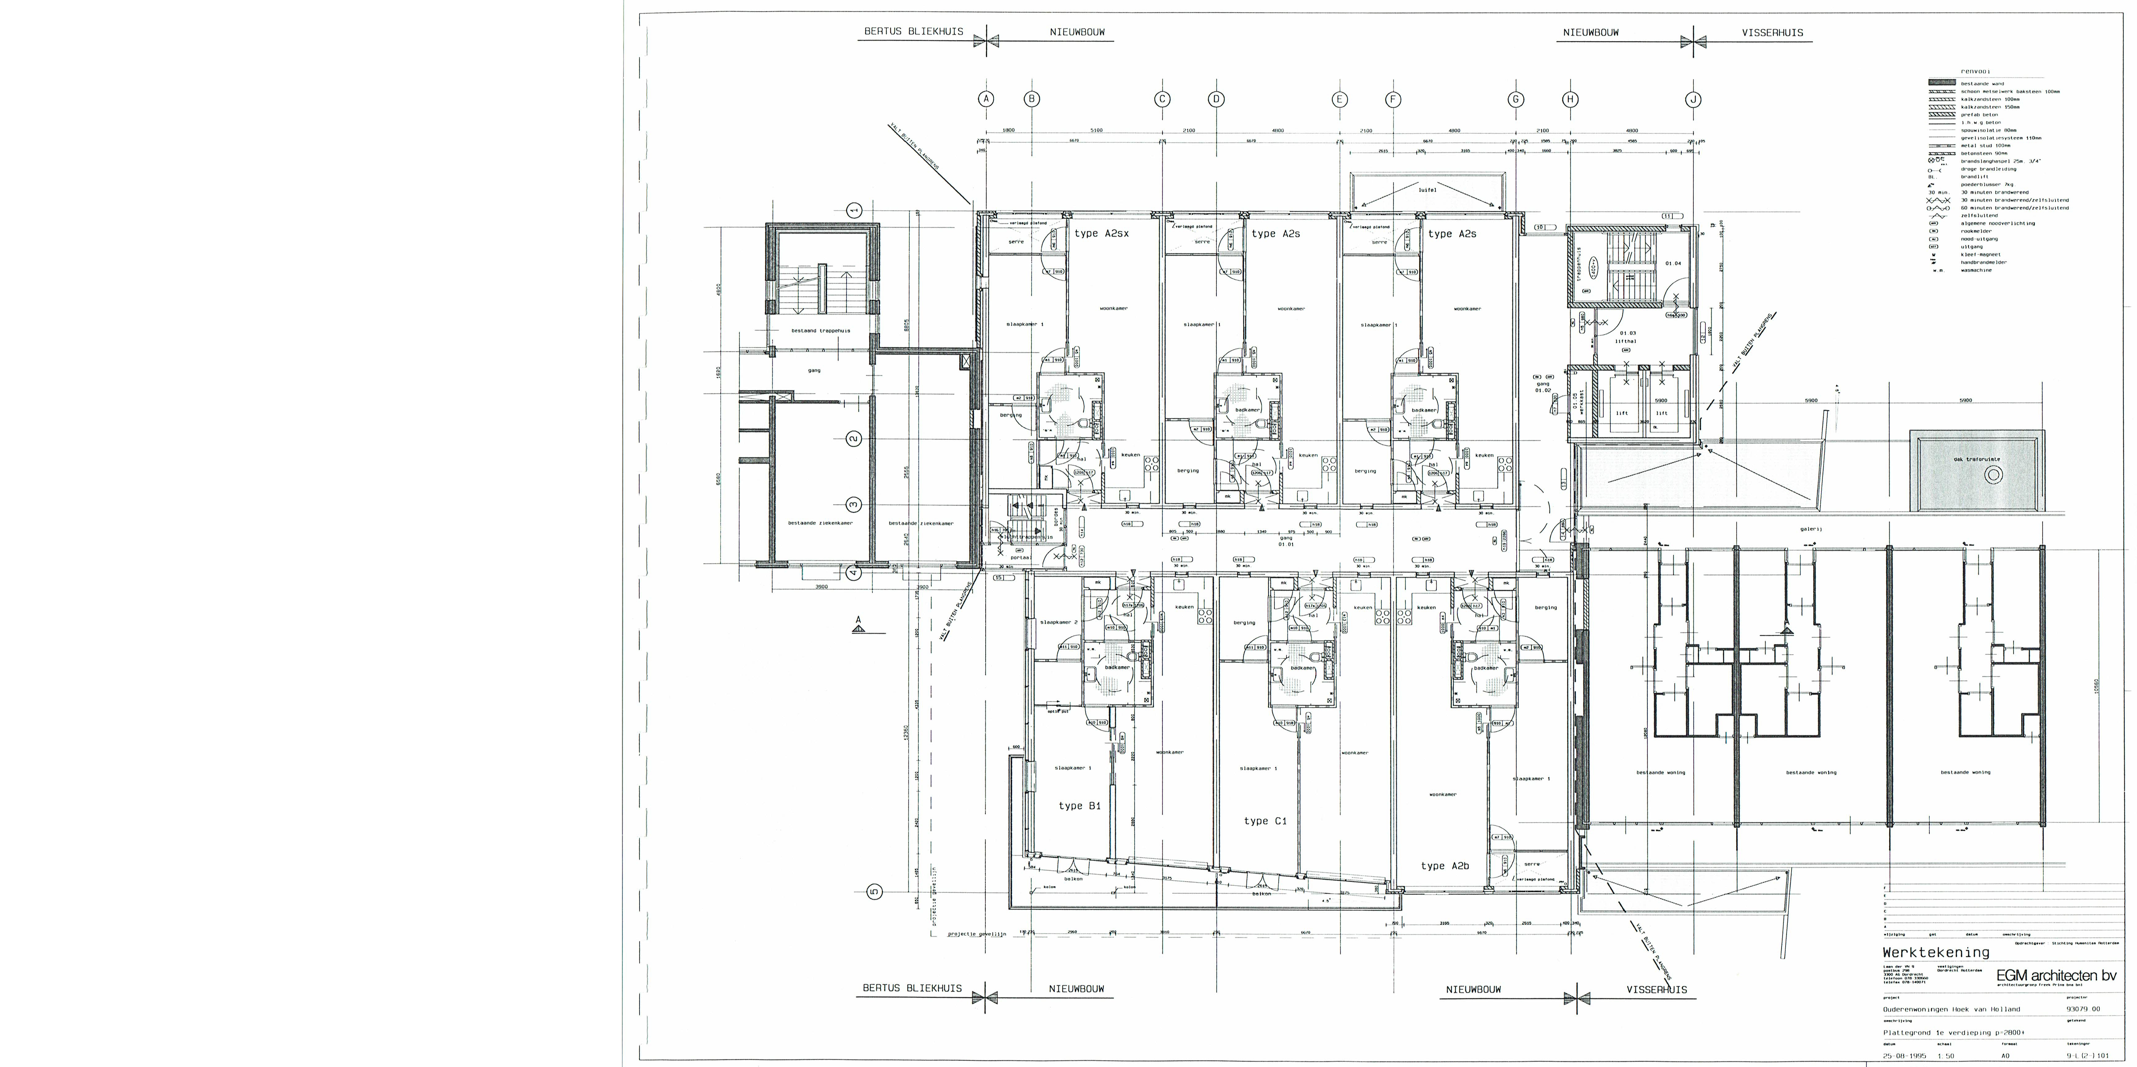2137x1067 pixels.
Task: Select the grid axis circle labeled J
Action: click(x=1693, y=100)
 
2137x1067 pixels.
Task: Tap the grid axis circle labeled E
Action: click(x=1340, y=100)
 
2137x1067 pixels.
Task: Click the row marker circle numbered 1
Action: click(x=854, y=211)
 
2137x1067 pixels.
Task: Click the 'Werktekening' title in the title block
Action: click(x=1936, y=953)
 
